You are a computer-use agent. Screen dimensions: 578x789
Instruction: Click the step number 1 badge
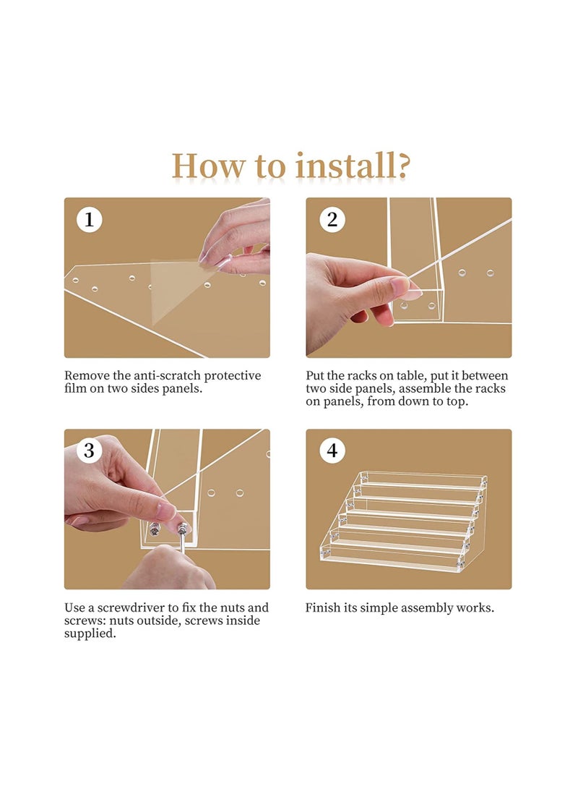pyautogui.click(x=90, y=219)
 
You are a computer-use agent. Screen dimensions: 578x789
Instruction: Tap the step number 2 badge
pyautogui.click(x=332, y=219)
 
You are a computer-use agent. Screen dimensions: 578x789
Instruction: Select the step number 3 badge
pyautogui.click(x=90, y=450)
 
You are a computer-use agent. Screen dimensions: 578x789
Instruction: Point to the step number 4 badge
pyautogui.click(x=332, y=450)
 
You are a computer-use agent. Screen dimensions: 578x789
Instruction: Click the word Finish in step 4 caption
pyautogui.click(x=323, y=607)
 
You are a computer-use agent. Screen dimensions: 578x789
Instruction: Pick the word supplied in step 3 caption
pyautogui.click(x=90, y=634)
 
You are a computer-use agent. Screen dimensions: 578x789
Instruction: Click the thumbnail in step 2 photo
pyautogui.click(x=400, y=286)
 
